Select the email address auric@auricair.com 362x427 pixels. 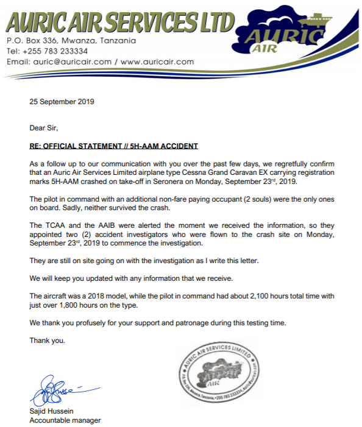[73, 62]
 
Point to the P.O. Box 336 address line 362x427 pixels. [71, 41]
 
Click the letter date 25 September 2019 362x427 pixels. [62, 102]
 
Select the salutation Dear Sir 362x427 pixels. [44, 128]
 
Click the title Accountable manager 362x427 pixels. [65, 420]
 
